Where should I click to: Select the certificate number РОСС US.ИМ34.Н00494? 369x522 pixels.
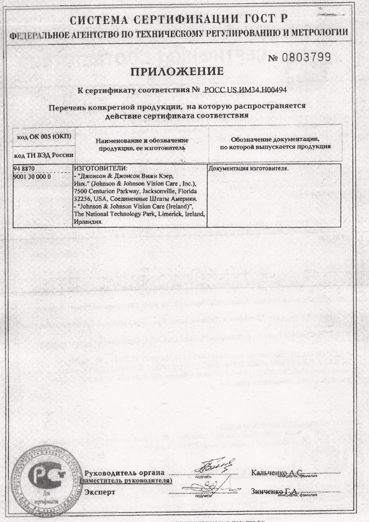(x=245, y=90)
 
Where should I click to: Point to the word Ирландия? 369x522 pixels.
(x=88, y=222)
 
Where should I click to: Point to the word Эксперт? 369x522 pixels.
(x=100, y=492)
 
